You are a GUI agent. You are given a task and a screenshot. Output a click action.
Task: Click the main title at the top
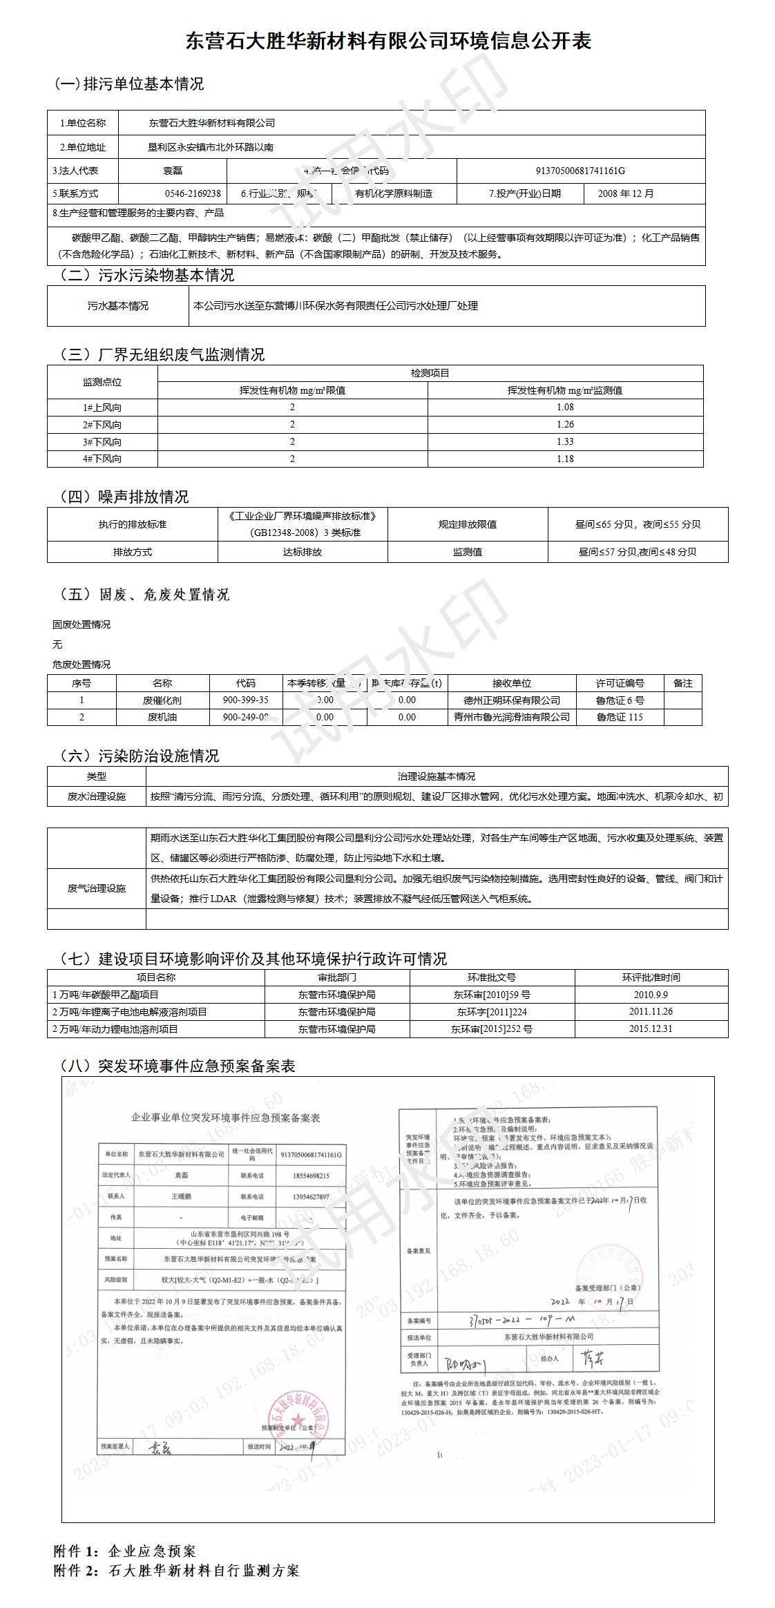[x=388, y=41]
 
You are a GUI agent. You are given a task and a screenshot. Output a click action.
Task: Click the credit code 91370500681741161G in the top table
[x=580, y=171]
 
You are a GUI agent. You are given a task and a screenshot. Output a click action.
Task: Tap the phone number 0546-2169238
[x=193, y=193]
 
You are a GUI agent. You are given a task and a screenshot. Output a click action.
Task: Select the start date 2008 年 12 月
[x=626, y=193]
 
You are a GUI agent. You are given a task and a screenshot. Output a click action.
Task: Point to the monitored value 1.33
[x=565, y=441]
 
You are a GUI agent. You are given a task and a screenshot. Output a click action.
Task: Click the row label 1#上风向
[x=102, y=408]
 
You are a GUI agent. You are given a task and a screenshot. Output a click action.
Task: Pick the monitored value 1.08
[x=565, y=408]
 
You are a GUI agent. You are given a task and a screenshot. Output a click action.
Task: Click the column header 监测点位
[x=102, y=382]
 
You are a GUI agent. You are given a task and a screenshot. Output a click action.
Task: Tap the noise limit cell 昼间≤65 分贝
[x=637, y=524]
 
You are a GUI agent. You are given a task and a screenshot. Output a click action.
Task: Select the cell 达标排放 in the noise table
[x=303, y=552]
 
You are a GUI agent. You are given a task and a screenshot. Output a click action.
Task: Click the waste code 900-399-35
[x=245, y=700]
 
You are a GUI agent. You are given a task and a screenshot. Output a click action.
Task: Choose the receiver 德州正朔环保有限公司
[x=512, y=700]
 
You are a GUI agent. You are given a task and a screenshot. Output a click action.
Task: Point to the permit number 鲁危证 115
[x=620, y=717]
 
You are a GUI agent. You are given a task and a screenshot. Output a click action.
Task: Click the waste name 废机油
[x=162, y=717]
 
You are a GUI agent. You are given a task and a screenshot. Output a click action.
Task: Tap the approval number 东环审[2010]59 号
[x=492, y=995]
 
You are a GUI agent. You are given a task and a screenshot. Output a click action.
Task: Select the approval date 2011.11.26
[x=651, y=1011]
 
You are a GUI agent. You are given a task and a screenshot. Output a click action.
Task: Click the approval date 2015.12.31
[x=651, y=1028]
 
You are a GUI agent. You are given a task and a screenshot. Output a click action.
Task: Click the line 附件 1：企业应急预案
[x=125, y=1551]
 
